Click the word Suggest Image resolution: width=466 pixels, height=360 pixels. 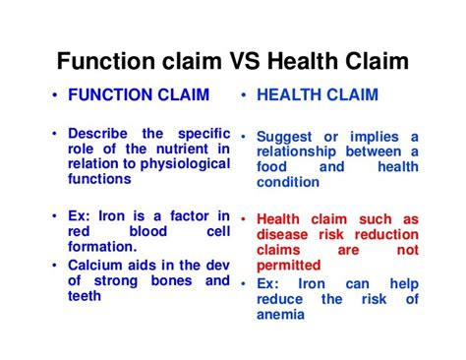pyautogui.click(x=286, y=137)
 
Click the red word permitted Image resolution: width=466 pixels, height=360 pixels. pyautogui.click(x=288, y=265)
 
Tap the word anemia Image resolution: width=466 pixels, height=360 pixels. pyautogui.click(x=284, y=315)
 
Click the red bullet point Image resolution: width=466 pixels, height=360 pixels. pyautogui.click(x=242, y=219)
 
